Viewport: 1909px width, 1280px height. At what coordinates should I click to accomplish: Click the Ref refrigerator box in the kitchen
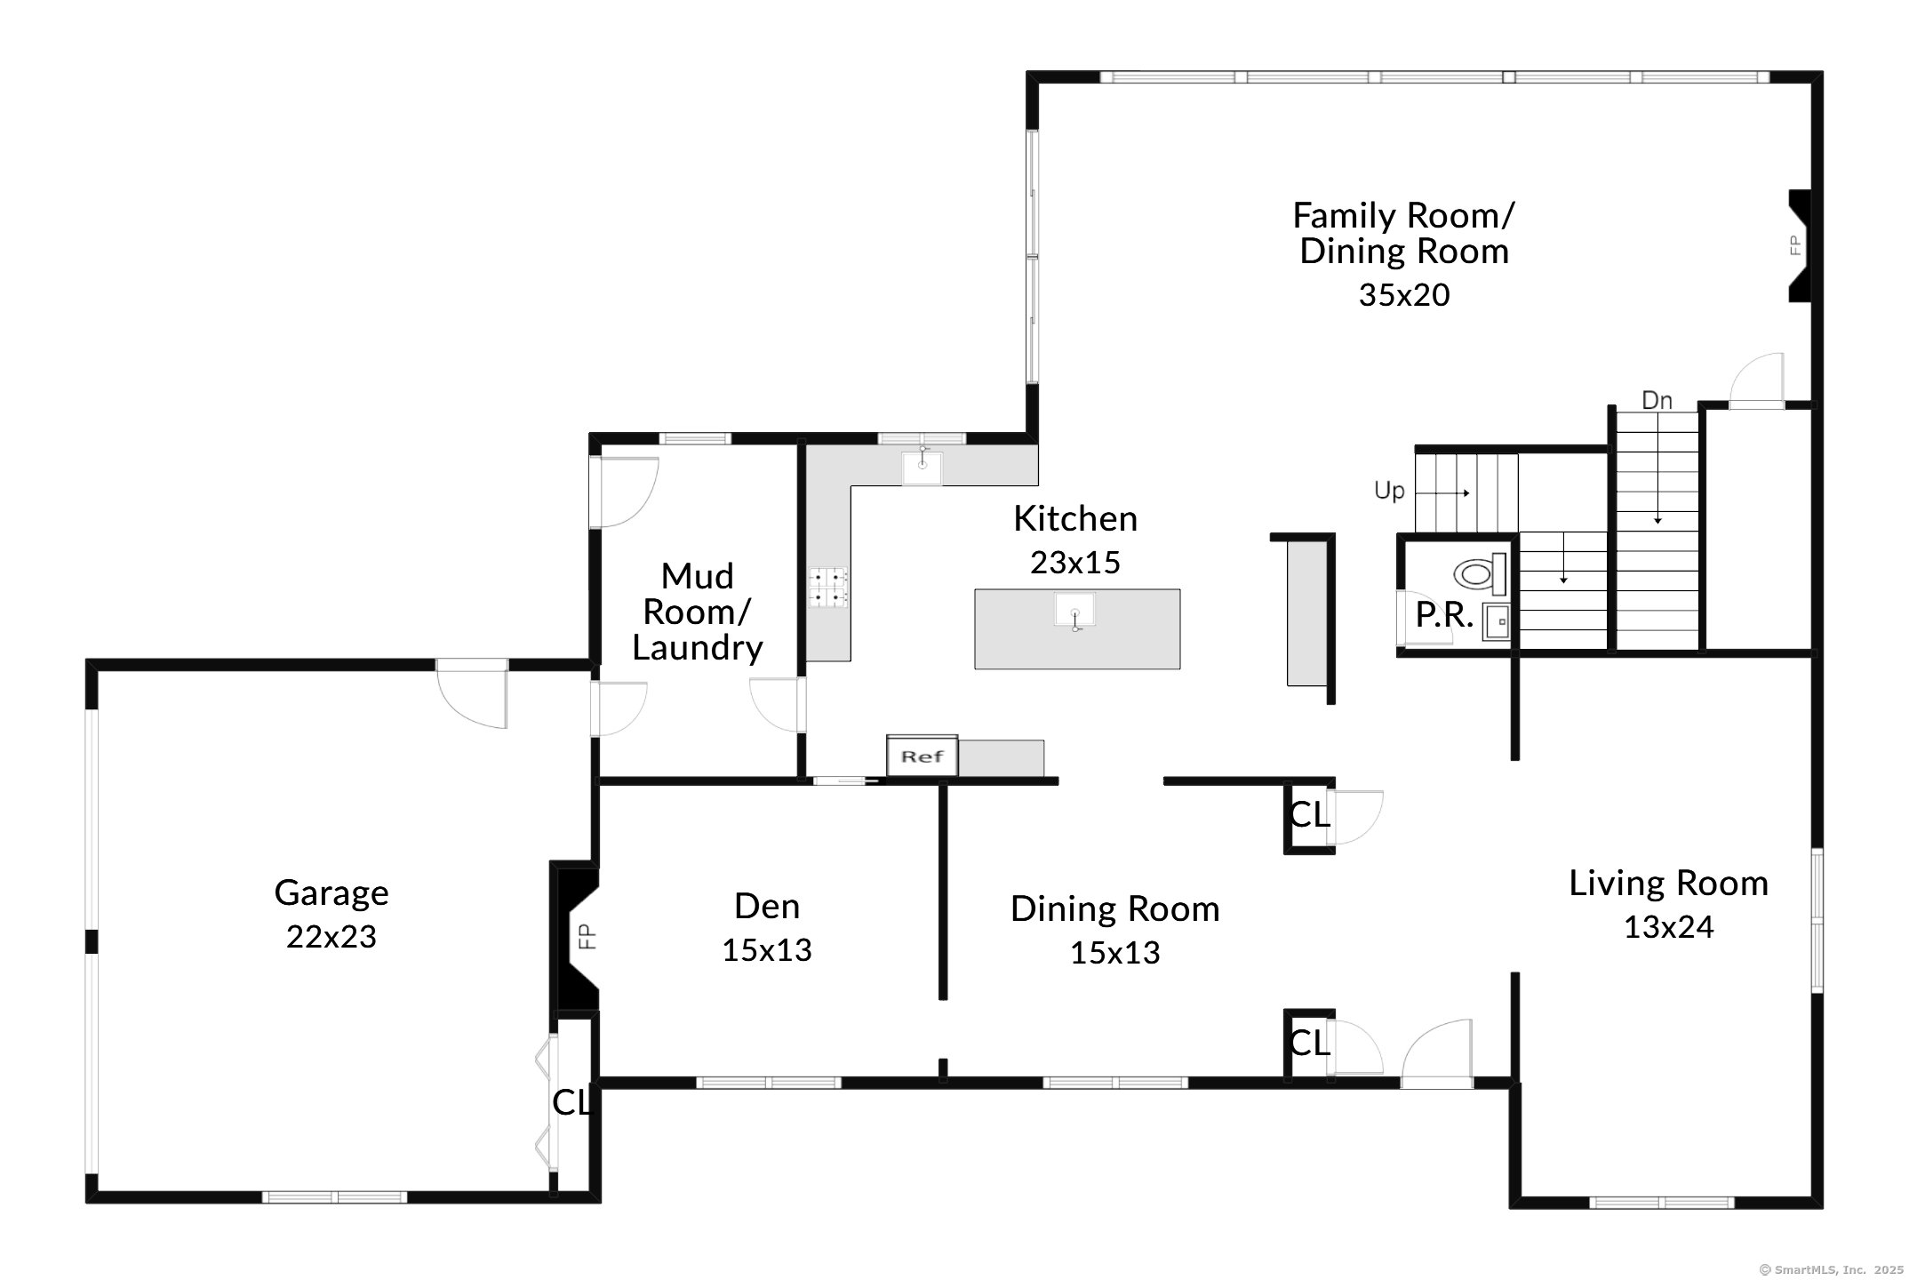click(922, 756)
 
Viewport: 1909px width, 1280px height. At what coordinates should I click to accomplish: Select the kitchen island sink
click(1074, 612)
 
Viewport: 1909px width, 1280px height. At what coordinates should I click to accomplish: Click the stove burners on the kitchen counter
click(827, 588)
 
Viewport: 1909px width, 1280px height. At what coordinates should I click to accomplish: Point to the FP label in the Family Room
click(1794, 245)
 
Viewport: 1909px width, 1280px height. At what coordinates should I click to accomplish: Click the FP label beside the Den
click(587, 936)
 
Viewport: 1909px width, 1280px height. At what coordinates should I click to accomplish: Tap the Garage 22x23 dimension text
click(331, 937)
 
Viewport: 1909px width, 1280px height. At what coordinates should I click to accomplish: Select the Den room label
click(767, 906)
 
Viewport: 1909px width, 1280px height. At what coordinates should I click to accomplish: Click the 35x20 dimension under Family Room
click(1404, 295)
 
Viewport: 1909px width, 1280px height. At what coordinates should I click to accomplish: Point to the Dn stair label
click(1657, 401)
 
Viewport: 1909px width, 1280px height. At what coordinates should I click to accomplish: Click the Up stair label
click(1389, 491)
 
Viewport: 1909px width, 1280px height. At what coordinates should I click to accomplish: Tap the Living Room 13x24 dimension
click(1668, 927)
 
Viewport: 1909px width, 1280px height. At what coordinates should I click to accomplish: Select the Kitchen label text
click(1075, 518)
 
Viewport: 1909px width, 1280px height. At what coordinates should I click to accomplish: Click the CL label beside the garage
click(571, 1103)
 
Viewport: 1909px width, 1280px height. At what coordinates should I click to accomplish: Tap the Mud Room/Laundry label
click(698, 612)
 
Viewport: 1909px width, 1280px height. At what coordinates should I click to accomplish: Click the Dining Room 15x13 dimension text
click(1114, 953)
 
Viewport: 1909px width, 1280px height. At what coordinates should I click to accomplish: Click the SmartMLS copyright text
click(1831, 1270)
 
